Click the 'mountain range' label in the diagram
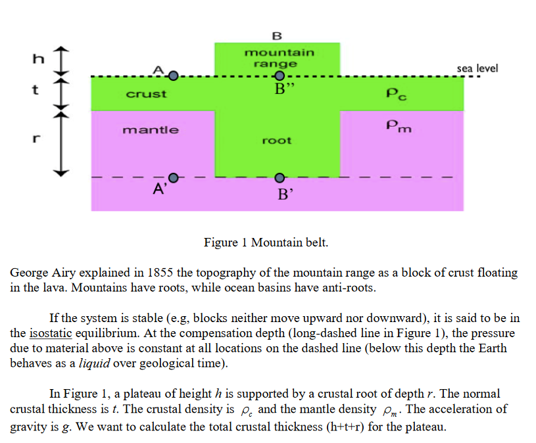[279, 58]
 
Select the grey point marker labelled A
[173, 76]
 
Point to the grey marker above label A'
[173, 177]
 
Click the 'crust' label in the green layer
[146, 94]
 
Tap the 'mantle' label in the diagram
[150, 129]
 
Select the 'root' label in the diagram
[276, 140]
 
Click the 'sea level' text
[477, 68]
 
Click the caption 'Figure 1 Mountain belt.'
[266, 243]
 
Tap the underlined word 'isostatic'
[49, 333]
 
